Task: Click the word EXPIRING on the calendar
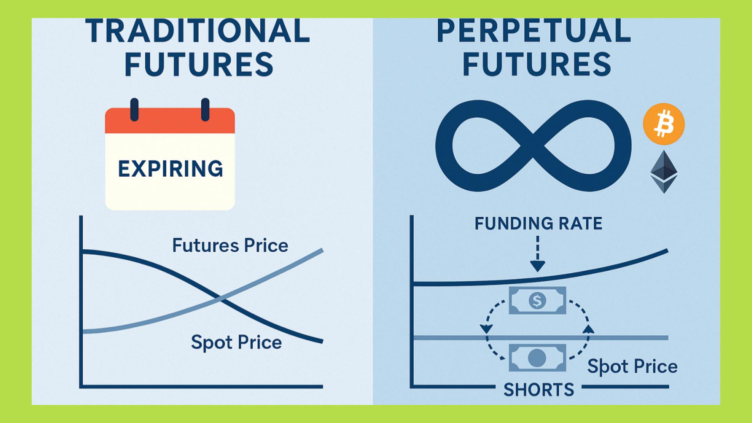coord(170,169)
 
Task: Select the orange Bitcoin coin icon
coord(664,124)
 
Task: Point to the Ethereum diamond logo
coord(664,172)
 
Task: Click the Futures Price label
coord(230,246)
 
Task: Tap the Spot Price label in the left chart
coord(236,343)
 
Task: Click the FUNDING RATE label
coord(539,224)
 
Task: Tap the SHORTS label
coord(539,390)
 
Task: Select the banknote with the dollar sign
coord(537,300)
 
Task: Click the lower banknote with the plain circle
coord(537,358)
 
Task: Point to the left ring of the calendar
coord(134,109)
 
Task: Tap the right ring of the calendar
coord(205,109)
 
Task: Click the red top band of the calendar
coord(170,121)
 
